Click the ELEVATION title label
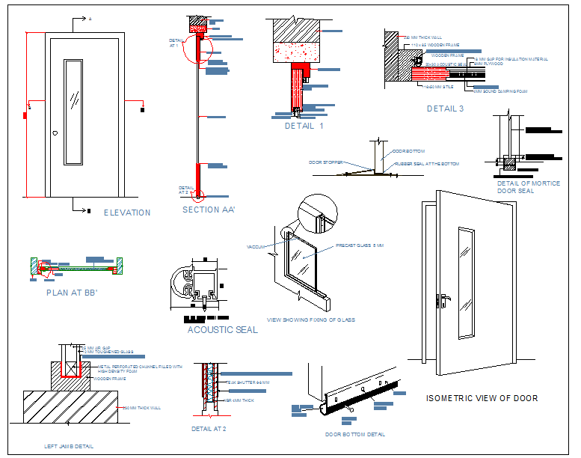(127, 213)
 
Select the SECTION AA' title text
(209, 210)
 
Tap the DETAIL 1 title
(304, 126)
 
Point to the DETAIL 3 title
(446, 109)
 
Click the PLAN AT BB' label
(73, 293)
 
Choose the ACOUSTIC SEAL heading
(222, 330)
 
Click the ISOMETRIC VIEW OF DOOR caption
(482, 398)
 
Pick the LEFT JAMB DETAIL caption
(69, 447)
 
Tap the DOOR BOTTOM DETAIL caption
(355, 434)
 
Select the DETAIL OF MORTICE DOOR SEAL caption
(528, 187)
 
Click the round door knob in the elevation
(55, 133)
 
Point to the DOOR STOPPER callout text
(325, 162)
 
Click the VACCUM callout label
(256, 246)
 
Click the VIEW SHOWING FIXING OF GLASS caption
(310, 320)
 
